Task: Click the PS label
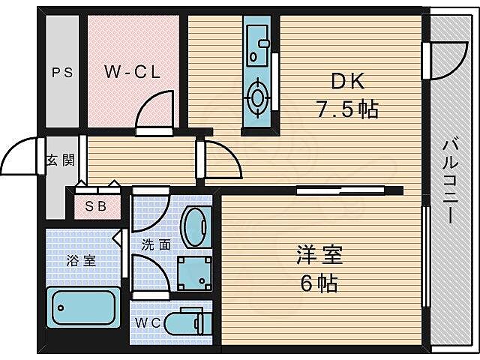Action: click(61, 73)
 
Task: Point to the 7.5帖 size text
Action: click(346, 110)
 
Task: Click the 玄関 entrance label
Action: click(62, 160)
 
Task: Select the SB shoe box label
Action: click(94, 206)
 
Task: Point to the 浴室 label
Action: click(81, 261)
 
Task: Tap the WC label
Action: click(147, 323)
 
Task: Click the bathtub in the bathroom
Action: click(82, 306)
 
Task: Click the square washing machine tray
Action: click(194, 273)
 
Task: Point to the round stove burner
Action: click(259, 97)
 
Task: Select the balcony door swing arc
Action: click(442, 60)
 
